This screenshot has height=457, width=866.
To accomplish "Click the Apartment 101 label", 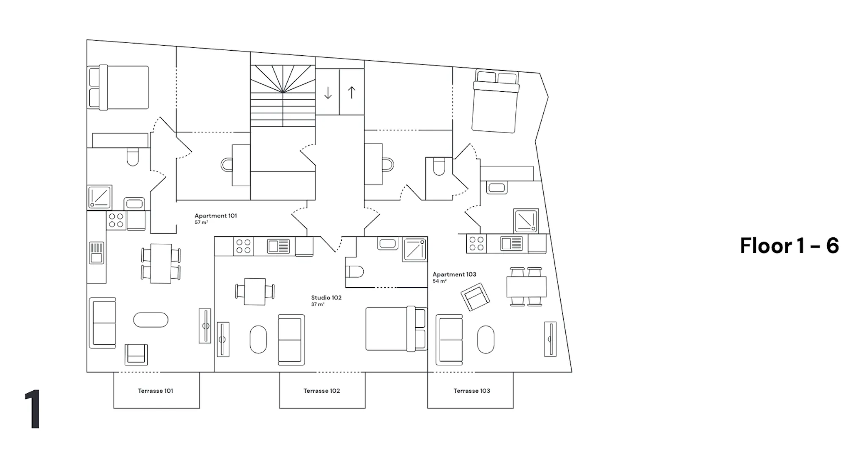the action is click(216, 216).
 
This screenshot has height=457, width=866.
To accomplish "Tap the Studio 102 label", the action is click(326, 298).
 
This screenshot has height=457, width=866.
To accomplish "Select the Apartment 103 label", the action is click(454, 275).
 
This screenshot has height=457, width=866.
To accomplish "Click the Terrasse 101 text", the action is click(156, 391).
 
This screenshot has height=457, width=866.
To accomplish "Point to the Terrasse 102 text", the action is click(322, 391).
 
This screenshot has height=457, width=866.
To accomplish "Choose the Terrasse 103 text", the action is click(472, 391).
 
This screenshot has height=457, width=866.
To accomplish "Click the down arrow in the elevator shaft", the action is click(328, 92).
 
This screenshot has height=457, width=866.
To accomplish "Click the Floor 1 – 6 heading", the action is click(789, 245).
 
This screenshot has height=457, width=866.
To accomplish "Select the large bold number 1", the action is click(33, 409).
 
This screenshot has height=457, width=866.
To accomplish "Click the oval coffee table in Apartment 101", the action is click(151, 320).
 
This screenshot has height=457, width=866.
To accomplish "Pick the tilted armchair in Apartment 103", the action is click(475, 297).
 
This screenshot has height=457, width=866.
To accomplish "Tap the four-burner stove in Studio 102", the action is click(244, 246).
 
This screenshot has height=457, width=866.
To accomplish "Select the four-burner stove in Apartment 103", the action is click(477, 244).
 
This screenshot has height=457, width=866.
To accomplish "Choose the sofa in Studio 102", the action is click(291, 340).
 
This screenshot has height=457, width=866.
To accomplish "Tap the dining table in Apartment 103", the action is click(526, 286).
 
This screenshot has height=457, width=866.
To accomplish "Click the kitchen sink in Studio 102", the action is click(278, 246).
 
